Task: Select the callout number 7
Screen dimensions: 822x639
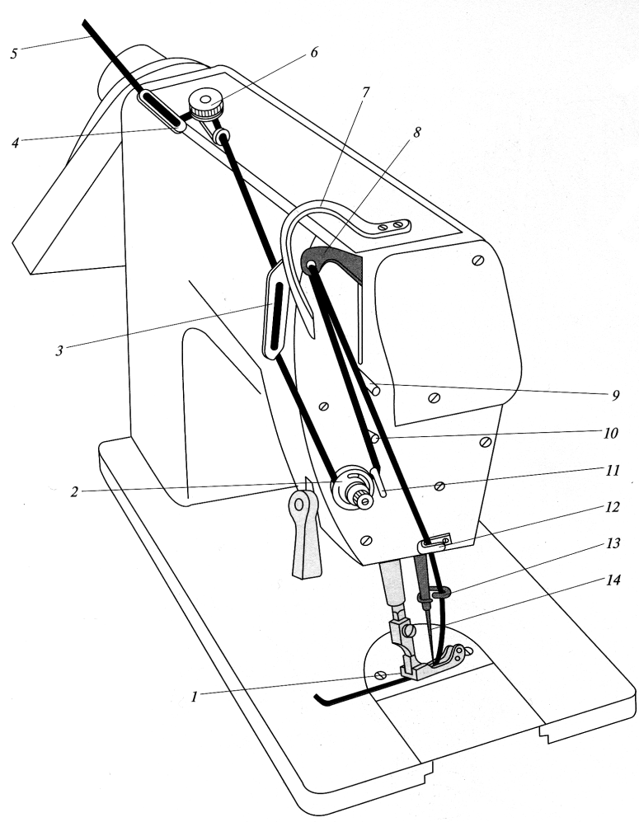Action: pyautogui.click(x=365, y=91)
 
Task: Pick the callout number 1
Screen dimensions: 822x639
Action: pyautogui.click(x=195, y=697)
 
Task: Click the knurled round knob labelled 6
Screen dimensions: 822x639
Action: pyautogui.click(x=206, y=105)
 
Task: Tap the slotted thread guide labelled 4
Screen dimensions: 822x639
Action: pyautogui.click(x=161, y=110)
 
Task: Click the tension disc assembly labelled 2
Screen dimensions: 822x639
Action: pyautogui.click(x=350, y=486)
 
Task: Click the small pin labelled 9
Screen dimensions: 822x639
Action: pyautogui.click(x=375, y=388)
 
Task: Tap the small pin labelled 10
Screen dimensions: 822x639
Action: pyautogui.click(x=373, y=435)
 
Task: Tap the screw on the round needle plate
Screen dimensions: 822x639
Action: pyautogui.click(x=380, y=675)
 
